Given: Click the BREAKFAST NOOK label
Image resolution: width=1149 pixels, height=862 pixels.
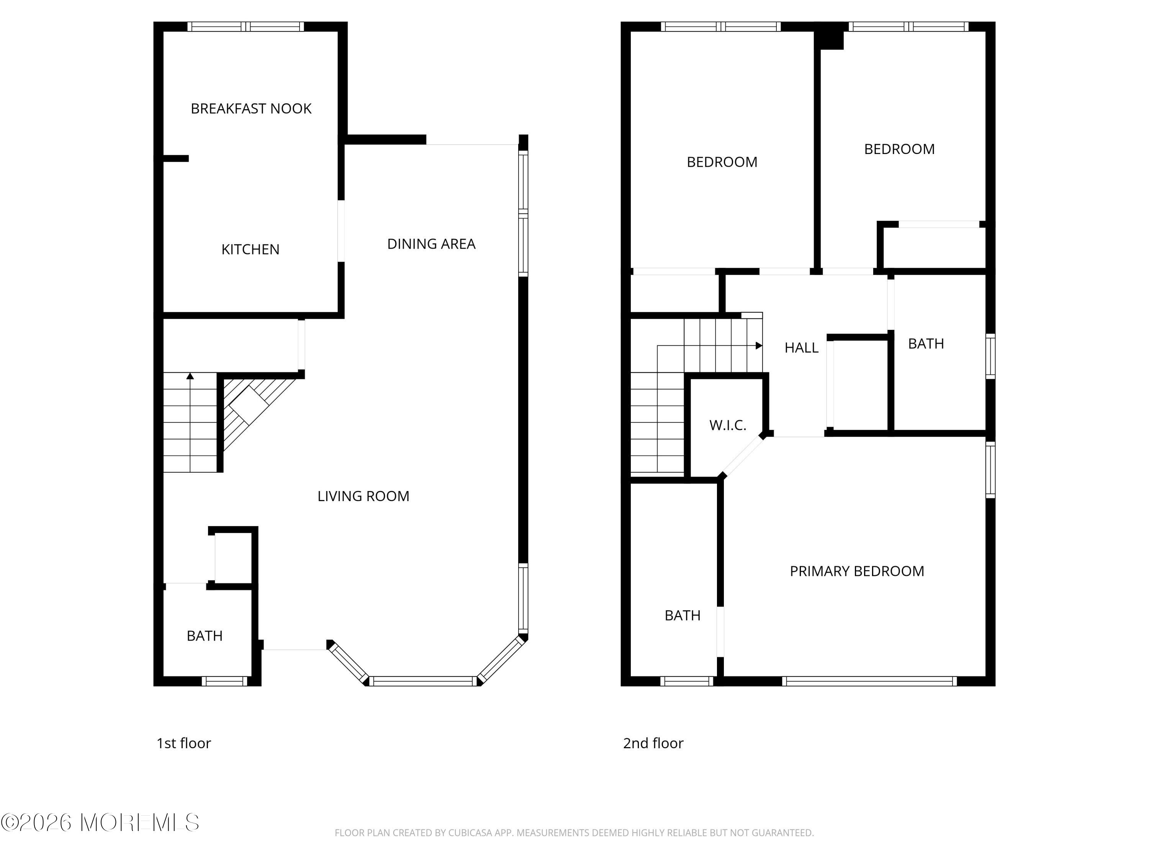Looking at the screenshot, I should pyautogui.click(x=251, y=108).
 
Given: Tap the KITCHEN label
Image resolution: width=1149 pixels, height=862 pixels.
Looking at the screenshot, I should pyautogui.click(x=250, y=249).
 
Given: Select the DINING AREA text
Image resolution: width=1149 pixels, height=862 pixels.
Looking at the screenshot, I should pyautogui.click(x=431, y=244).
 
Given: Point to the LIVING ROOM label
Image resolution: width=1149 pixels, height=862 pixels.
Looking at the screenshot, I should pyautogui.click(x=363, y=496).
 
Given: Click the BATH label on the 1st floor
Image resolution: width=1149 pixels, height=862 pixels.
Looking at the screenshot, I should pyautogui.click(x=205, y=636).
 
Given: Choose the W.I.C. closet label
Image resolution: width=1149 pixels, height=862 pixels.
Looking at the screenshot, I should pyautogui.click(x=728, y=425).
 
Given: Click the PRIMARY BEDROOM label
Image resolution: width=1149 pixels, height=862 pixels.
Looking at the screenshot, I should pyautogui.click(x=856, y=571).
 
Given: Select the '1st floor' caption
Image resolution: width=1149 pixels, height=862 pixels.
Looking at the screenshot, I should pyautogui.click(x=184, y=743).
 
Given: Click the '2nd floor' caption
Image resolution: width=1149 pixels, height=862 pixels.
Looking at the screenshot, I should pyautogui.click(x=653, y=743).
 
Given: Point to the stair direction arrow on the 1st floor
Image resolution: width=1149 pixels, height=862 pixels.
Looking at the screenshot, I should pyautogui.click(x=190, y=376).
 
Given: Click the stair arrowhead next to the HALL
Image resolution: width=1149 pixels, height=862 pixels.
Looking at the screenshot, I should pyautogui.click(x=759, y=346).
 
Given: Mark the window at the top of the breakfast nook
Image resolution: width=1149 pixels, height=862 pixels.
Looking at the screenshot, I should pyautogui.click(x=246, y=26).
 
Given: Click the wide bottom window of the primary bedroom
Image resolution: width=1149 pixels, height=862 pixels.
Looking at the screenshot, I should pyautogui.click(x=869, y=681).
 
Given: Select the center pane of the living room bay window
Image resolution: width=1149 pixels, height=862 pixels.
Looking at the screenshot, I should pyautogui.click(x=423, y=681).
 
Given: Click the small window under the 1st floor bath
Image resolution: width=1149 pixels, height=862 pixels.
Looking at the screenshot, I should pyautogui.click(x=224, y=681).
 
